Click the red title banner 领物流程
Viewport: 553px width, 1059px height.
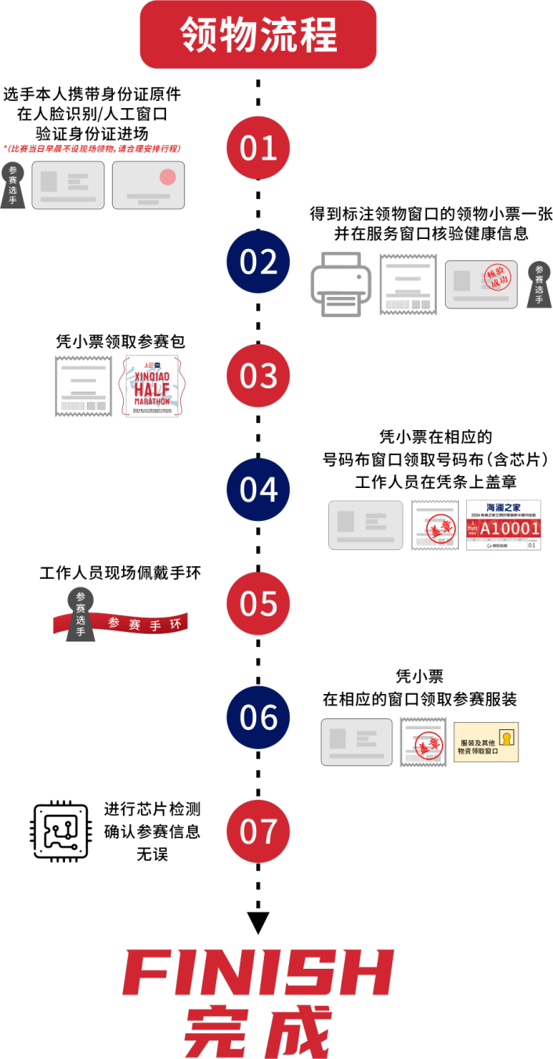tap(258, 34)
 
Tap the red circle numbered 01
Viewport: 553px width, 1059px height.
tap(258, 148)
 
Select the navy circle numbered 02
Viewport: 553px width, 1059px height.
tap(258, 262)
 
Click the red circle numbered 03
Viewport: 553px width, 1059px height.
tap(258, 376)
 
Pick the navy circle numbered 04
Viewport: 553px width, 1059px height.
tap(258, 490)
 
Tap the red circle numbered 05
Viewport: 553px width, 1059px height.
tap(258, 604)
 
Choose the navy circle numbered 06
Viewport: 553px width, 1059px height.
tap(258, 717)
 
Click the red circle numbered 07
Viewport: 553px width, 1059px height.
tap(258, 831)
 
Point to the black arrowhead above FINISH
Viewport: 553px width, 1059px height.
tap(258, 922)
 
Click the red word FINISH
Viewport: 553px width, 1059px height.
tap(258, 973)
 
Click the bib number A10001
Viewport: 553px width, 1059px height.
tap(510, 529)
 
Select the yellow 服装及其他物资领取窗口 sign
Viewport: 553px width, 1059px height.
tap(486, 743)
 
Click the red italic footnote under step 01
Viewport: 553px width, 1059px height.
tap(92, 148)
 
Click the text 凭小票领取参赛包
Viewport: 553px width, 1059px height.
tap(120, 342)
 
